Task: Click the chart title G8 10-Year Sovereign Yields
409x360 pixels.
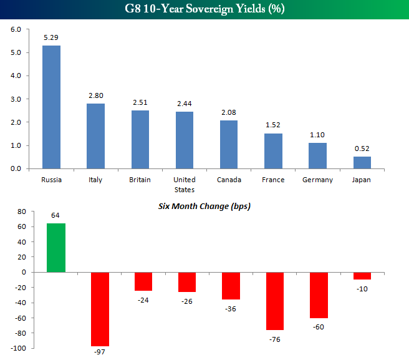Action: pos(204,10)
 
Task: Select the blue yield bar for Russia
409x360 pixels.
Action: pos(51,107)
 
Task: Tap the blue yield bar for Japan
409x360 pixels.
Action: pos(362,162)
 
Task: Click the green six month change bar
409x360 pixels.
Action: pos(55,248)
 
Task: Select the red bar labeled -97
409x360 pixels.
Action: pos(100,309)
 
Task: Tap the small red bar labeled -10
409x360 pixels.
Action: pos(362,276)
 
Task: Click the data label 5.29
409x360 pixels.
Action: pos(51,38)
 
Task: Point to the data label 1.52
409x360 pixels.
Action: pos(274,125)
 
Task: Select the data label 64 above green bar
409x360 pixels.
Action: pos(55,216)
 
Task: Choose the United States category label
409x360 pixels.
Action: pos(185,185)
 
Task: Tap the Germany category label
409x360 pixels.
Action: pos(318,180)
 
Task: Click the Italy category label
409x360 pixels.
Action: pos(95,180)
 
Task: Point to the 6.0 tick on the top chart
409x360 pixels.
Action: pos(16,29)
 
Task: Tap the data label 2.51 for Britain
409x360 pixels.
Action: pos(140,102)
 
